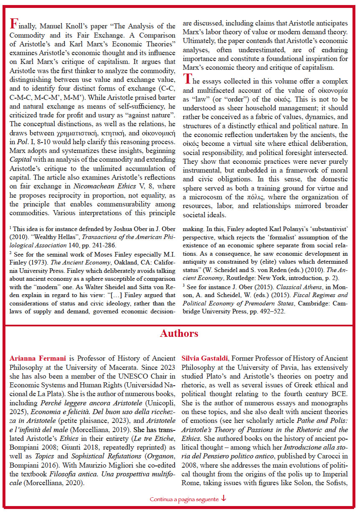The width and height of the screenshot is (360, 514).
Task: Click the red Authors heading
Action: [x=179, y=333]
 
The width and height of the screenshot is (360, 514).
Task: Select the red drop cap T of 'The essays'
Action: [x=187, y=78]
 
